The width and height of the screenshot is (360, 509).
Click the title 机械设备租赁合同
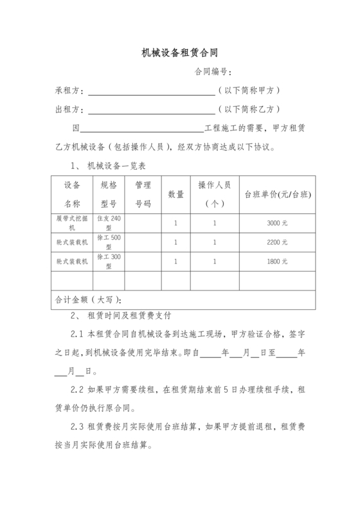(180, 53)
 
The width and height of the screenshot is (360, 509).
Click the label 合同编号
(213, 72)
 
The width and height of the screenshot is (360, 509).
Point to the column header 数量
(176, 194)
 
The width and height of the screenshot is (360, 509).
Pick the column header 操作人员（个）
(215, 194)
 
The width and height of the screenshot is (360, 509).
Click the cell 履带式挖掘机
(71, 223)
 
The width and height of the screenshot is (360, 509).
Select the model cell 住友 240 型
(108, 223)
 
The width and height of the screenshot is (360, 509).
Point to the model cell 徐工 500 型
(108, 242)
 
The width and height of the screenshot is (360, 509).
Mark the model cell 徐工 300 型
(108, 262)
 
